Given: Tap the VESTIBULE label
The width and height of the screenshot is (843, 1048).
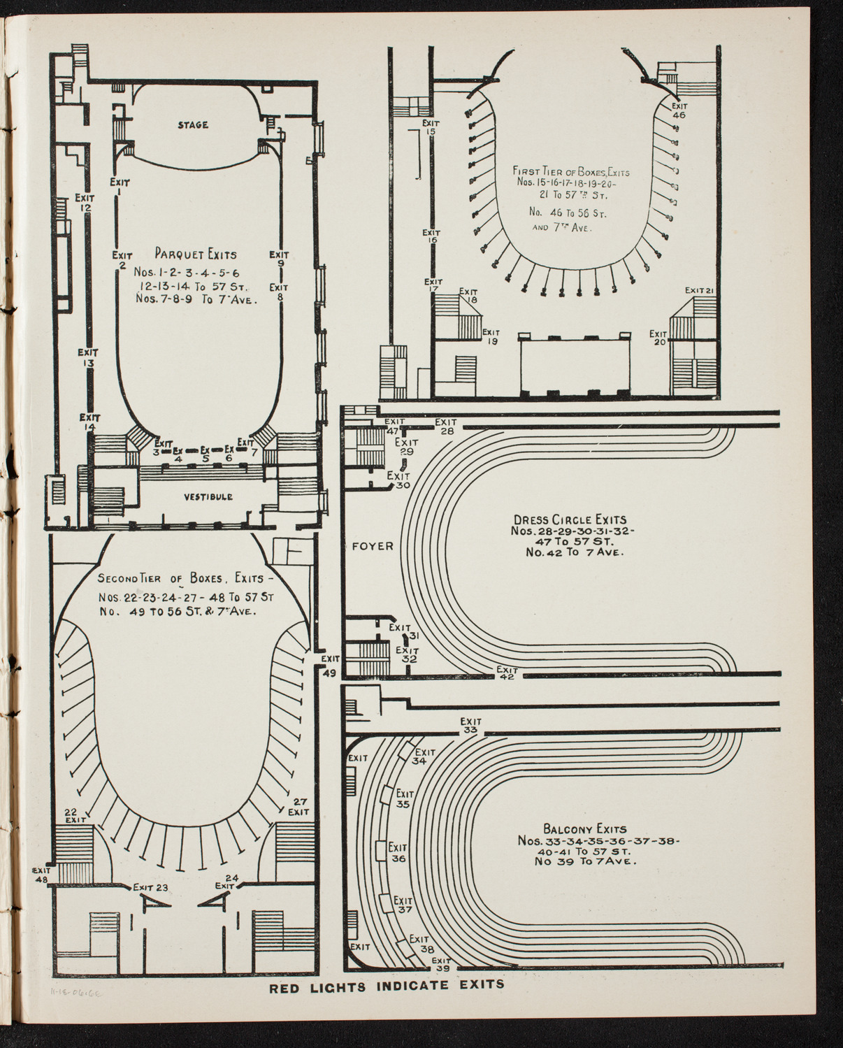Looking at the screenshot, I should (208, 496).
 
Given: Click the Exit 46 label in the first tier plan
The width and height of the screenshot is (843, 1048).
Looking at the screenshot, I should (678, 111).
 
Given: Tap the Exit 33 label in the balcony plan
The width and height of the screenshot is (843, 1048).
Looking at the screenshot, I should (470, 726).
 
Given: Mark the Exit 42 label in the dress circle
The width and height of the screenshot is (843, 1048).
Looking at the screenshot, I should (506, 673).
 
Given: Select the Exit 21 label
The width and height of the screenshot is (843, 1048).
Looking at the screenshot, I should (698, 290).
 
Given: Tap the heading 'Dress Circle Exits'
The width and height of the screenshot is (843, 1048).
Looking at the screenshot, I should (570, 519).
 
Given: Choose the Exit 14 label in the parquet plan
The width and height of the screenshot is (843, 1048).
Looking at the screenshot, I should (89, 422).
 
